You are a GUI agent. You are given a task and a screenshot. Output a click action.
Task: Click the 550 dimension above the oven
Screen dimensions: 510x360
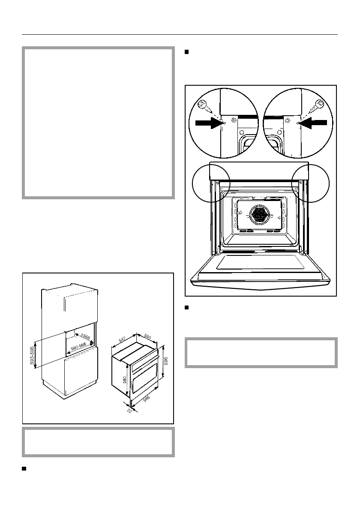(x=147, y=336)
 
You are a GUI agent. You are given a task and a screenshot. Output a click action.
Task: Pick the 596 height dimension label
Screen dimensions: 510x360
(x=166, y=361)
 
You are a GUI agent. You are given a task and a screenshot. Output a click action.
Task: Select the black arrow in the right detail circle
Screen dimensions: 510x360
(x=315, y=123)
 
